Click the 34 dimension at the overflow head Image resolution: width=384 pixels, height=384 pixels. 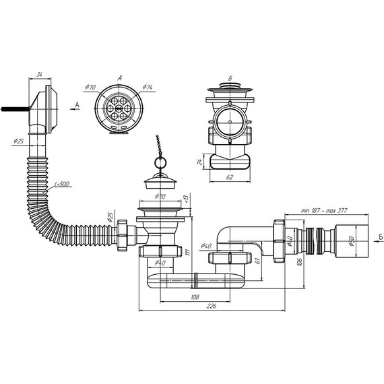click(x=39, y=75)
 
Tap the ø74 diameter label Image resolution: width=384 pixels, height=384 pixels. click(x=148, y=87)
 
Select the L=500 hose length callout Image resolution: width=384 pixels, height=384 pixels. click(x=62, y=184)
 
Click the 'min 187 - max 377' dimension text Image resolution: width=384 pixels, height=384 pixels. click(x=324, y=210)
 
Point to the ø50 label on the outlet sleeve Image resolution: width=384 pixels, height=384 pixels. click(x=352, y=241)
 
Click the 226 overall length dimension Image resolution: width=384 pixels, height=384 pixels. click(x=212, y=306)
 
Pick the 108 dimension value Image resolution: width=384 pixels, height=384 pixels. click(x=195, y=297)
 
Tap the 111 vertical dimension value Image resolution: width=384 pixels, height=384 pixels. click(x=188, y=252)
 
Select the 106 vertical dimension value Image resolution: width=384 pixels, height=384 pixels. click(x=300, y=262)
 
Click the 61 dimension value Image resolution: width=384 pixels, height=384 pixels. click(x=257, y=261)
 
